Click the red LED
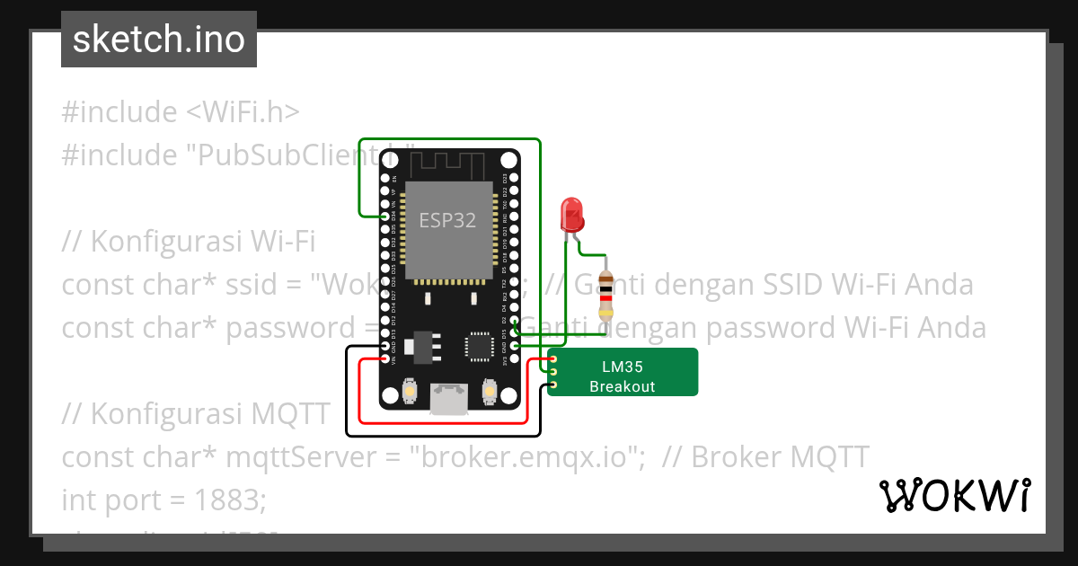pyautogui.click(x=571, y=214)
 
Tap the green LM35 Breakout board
pyautogui.click(x=623, y=372)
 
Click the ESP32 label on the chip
pyautogui.click(x=448, y=219)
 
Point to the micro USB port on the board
pyautogui.click(x=449, y=399)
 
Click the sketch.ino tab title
pyautogui.click(x=159, y=40)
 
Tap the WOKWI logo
pyautogui.click(x=954, y=495)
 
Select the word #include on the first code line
pyautogui.click(x=119, y=112)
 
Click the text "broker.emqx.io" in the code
pyautogui.click(x=527, y=457)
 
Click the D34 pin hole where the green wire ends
pyautogui.click(x=386, y=217)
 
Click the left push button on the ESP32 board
pyautogui.click(x=410, y=391)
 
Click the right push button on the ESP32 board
pyautogui.click(x=490, y=391)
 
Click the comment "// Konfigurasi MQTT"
pyautogui.click(x=196, y=414)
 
